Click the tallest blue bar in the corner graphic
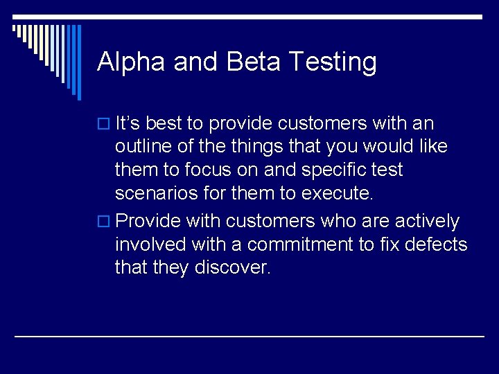(x=78, y=62)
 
